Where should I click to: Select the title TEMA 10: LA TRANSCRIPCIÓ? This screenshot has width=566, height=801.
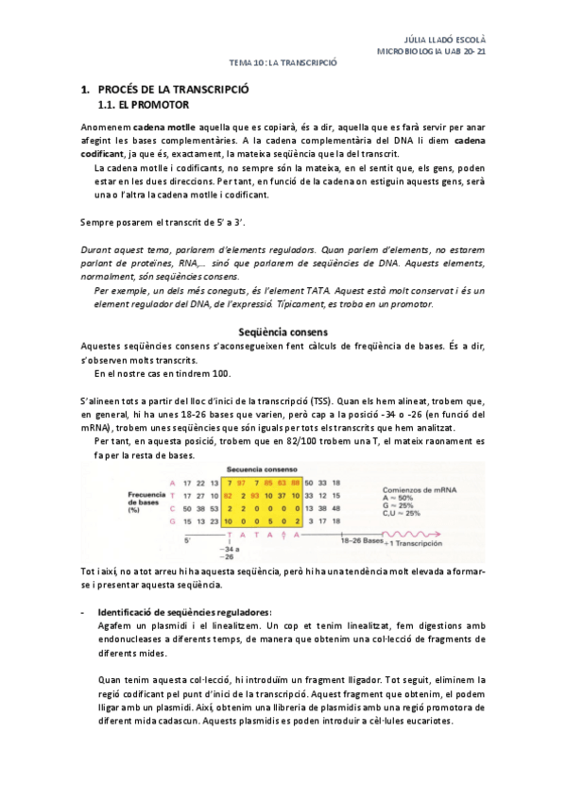tap(283, 63)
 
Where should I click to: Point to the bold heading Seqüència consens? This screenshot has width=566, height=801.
tap(283, 332)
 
